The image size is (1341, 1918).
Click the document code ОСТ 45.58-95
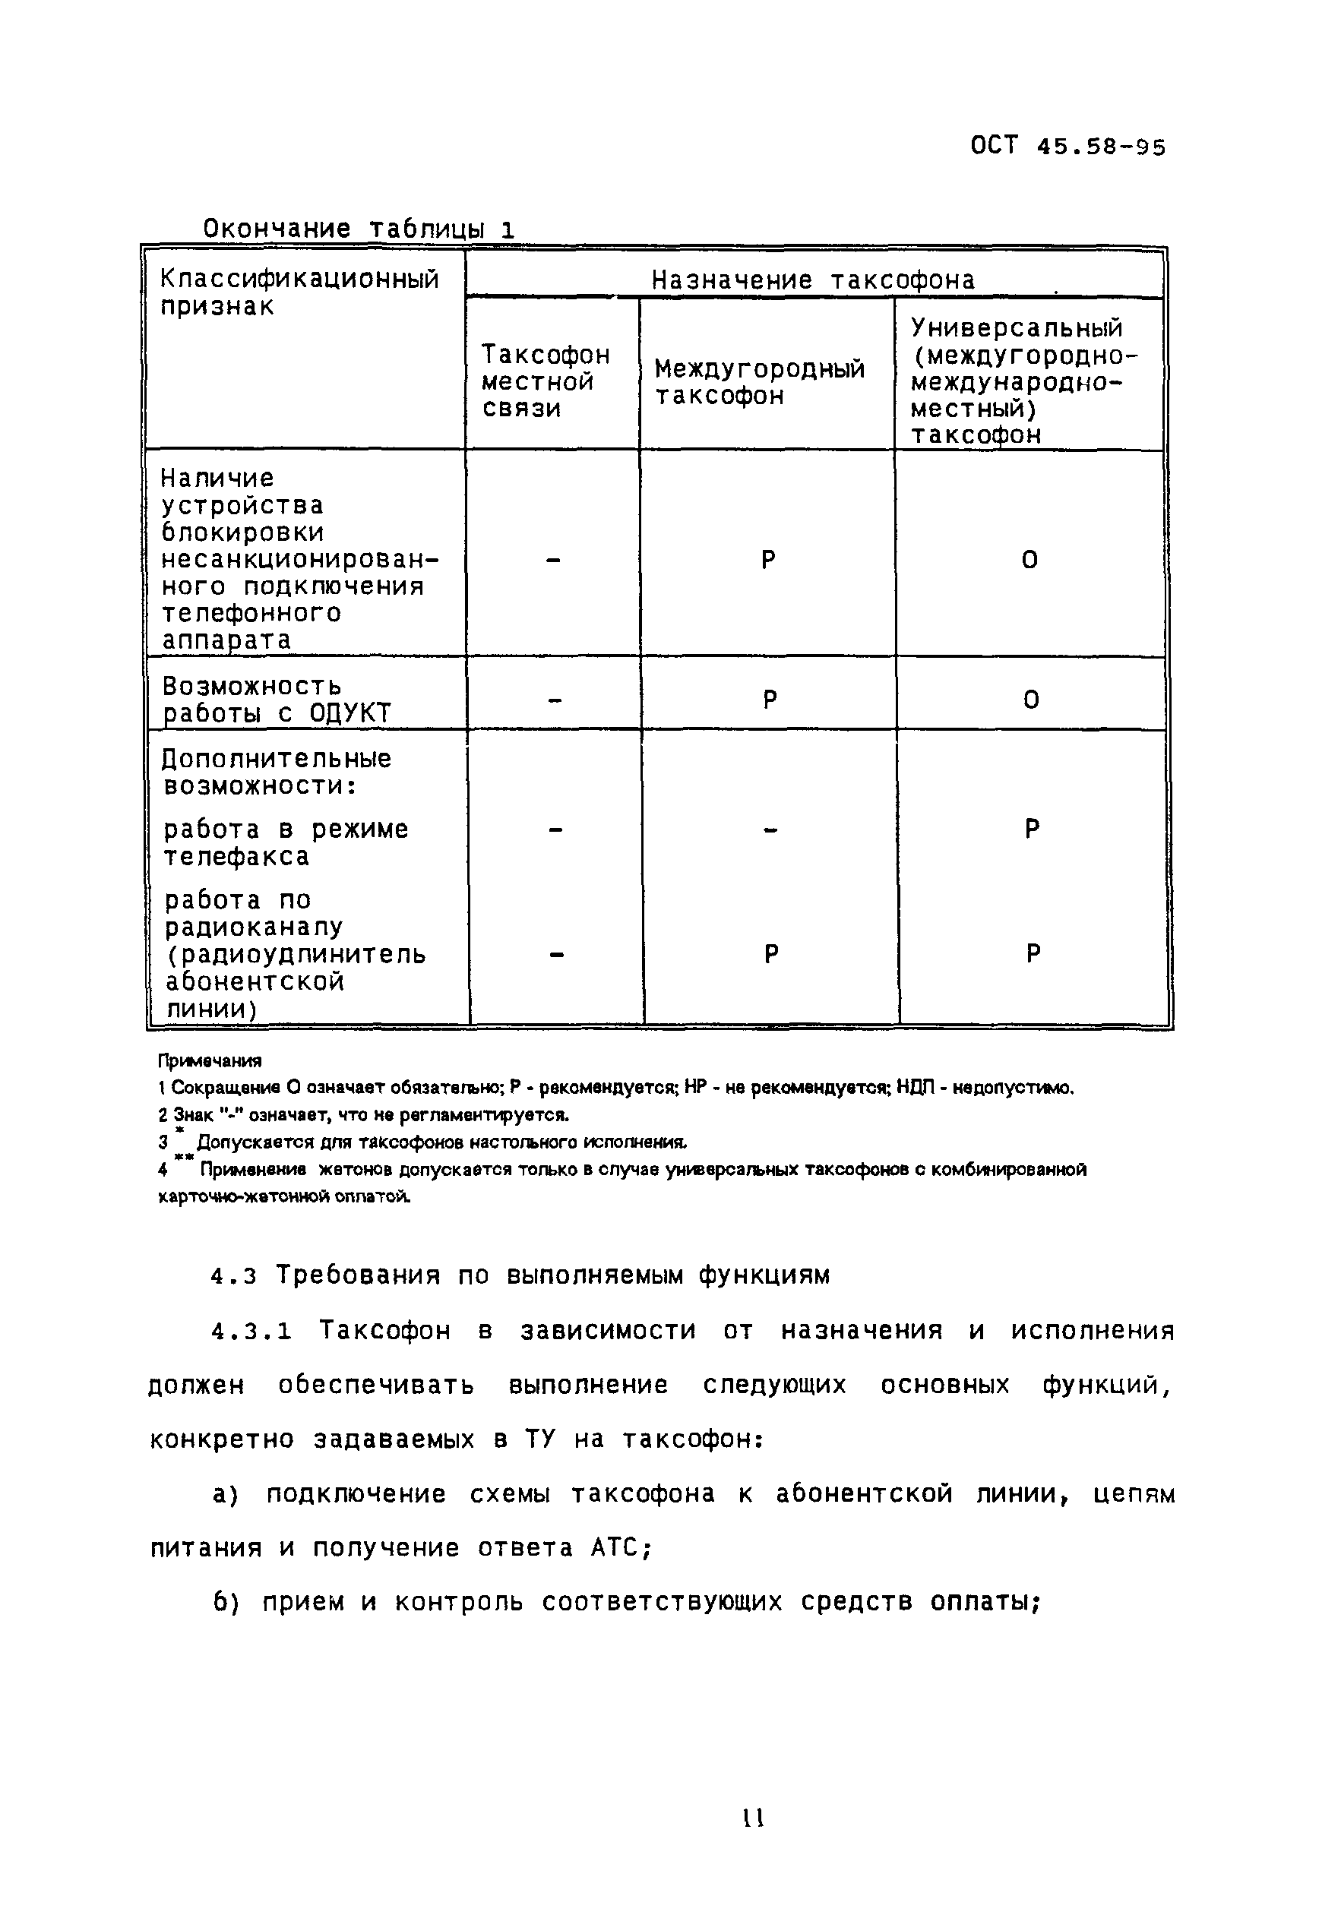tap(1067, 147)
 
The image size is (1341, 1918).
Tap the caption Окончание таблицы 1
tap(359, 228)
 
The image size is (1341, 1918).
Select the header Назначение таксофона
tap(812, 279)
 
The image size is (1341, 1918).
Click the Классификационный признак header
tap(299, 292)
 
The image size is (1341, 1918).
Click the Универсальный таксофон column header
tap(1023, 381)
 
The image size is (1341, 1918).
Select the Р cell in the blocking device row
tap(769, 559)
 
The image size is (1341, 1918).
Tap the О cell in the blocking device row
tap(1029, 559)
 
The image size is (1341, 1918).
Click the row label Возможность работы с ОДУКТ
tap(276, 698)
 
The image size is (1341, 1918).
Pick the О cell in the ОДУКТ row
tap(1031, 699)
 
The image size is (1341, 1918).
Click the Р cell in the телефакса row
tap(1032, 829)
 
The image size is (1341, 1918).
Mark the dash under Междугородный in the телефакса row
tap(770, 829)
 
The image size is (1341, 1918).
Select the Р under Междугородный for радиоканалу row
tap(771, 953)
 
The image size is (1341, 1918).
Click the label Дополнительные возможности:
tap(276, 771)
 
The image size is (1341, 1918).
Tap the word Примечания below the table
tap(210, 1061)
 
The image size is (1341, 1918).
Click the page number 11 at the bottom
tap(753, 1818)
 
